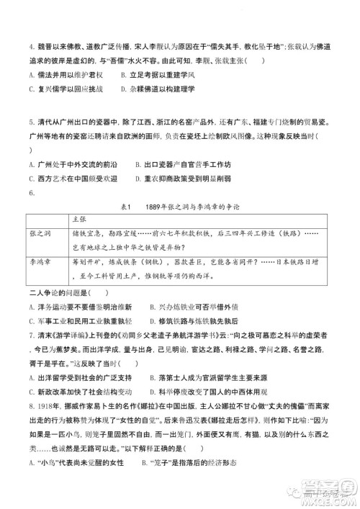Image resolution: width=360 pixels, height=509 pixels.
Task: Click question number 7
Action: [x=27, y=335]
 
